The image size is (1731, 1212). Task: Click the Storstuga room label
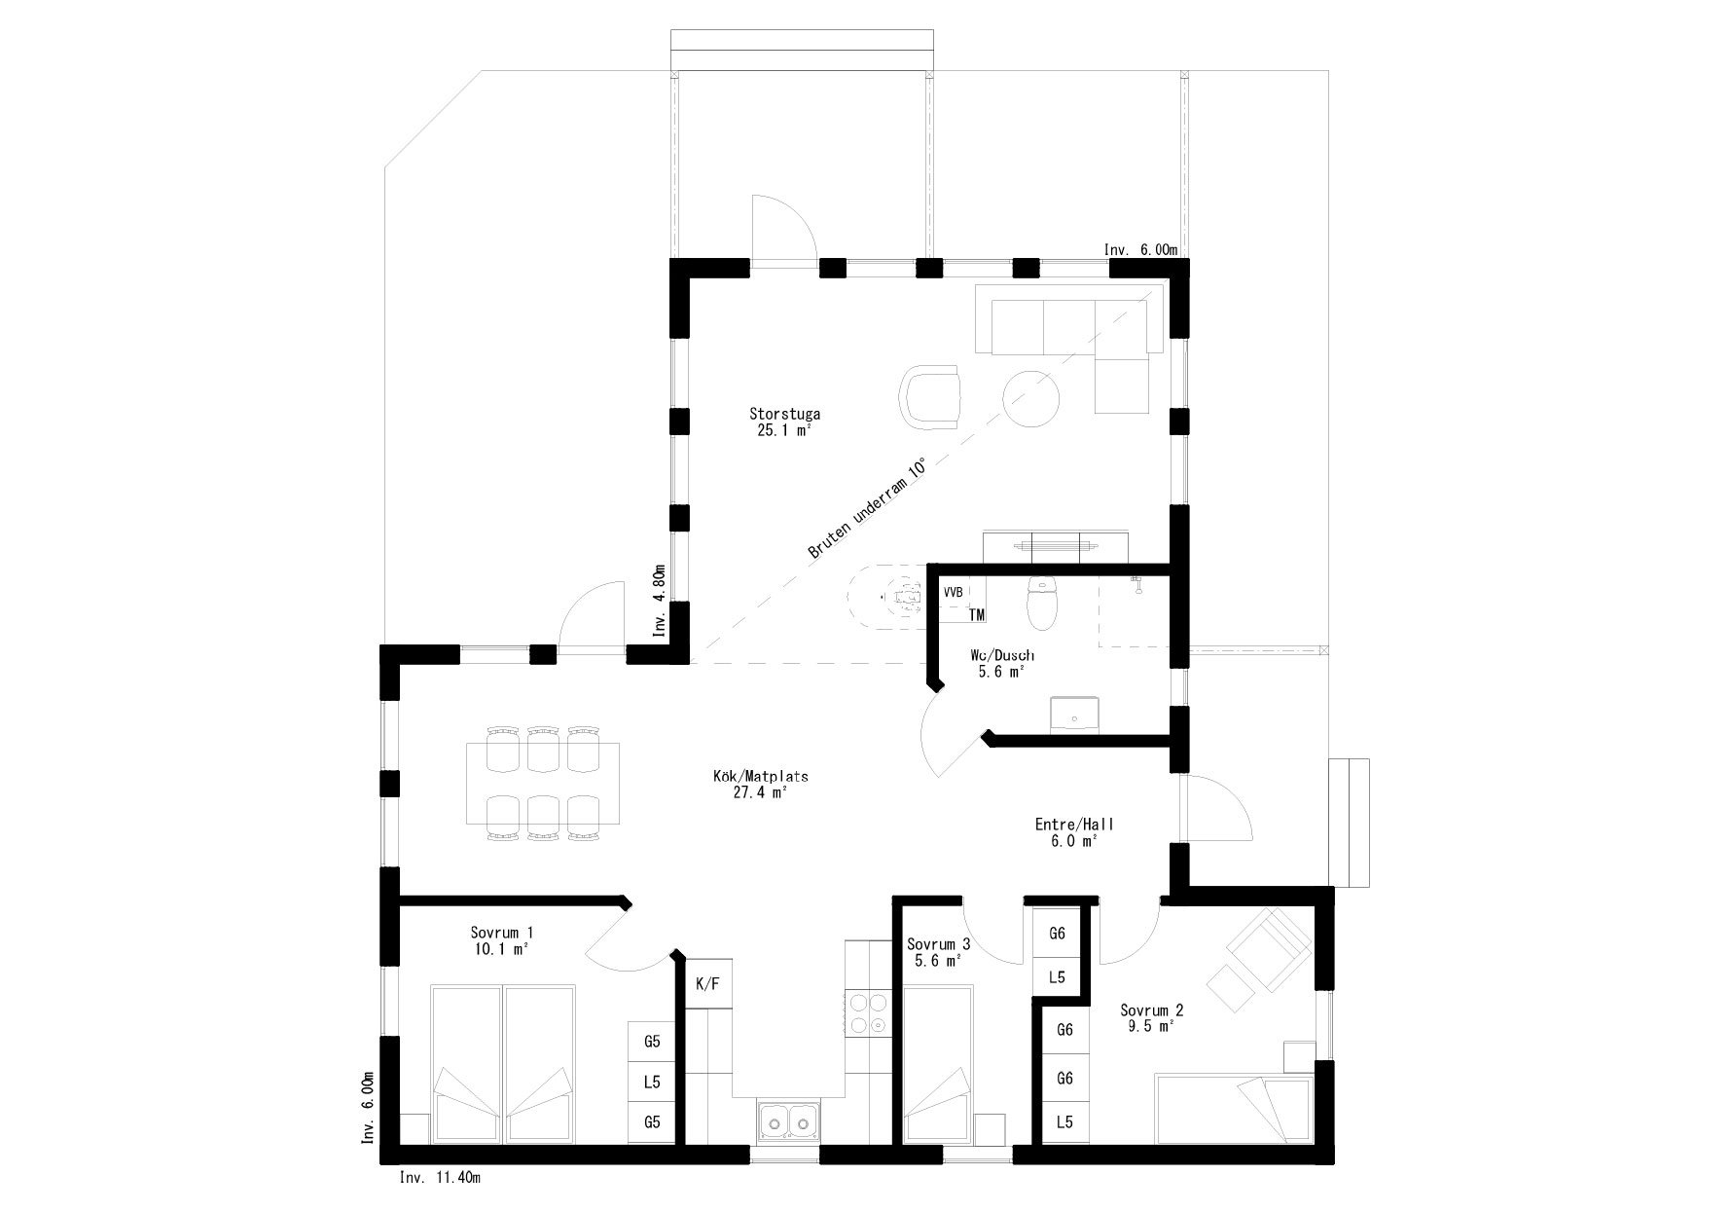(x=784, y=414)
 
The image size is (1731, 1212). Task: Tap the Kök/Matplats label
(x=760, y=778)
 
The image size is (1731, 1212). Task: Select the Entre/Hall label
(x=1073, y=825)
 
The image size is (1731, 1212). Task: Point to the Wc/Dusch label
(x=1001, y=656)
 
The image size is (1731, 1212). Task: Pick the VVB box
(x=954, y=592)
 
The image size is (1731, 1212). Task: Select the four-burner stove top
(x=866, y=1012)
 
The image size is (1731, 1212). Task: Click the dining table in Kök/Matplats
(x=542, y=784)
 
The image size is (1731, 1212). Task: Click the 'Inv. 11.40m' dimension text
(x=440, y=1178)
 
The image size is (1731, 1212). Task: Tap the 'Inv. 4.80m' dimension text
(x=659, y=601)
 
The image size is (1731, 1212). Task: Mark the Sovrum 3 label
(x=938, y=944)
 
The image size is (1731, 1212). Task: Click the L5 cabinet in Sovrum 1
(x=652, y=1082)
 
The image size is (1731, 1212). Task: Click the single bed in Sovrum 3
(x=939, y=1065)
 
